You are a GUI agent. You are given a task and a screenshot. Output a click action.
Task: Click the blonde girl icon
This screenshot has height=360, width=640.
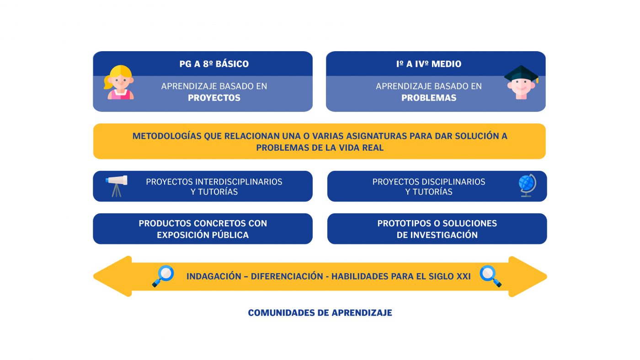[119, 83]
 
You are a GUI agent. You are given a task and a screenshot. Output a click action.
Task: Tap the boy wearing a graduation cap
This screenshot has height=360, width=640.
[521, 83]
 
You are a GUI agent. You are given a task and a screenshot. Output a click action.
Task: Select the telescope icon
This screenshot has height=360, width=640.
[117, 186]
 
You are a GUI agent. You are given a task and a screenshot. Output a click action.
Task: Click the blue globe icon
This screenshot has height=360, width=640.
[527, 185]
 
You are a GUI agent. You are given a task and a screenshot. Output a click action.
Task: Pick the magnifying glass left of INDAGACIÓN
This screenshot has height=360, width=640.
[163, 276]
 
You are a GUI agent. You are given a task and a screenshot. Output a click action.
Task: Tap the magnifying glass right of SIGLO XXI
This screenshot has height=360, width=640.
[490, 276]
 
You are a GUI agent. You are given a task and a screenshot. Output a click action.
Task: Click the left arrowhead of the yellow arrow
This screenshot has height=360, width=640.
[112, 276]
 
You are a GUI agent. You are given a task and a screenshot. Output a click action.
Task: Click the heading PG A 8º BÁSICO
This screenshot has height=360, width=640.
[214, 64]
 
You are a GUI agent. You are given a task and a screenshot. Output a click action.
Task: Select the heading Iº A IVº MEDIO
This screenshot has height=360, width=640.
[429, 64]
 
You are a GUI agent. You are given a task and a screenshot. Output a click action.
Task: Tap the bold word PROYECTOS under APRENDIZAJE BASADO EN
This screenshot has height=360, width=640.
[214, 98]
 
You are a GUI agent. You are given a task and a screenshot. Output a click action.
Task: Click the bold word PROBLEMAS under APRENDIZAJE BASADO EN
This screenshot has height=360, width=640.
[429, 98]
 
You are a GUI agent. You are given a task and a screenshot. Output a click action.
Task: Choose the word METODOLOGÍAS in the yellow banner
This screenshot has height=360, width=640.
[167, 136]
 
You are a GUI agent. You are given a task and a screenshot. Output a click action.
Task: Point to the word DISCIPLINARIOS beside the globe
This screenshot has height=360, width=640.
[453, 182]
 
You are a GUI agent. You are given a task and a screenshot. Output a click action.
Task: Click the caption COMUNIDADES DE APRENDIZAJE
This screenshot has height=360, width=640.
[320, 312]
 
